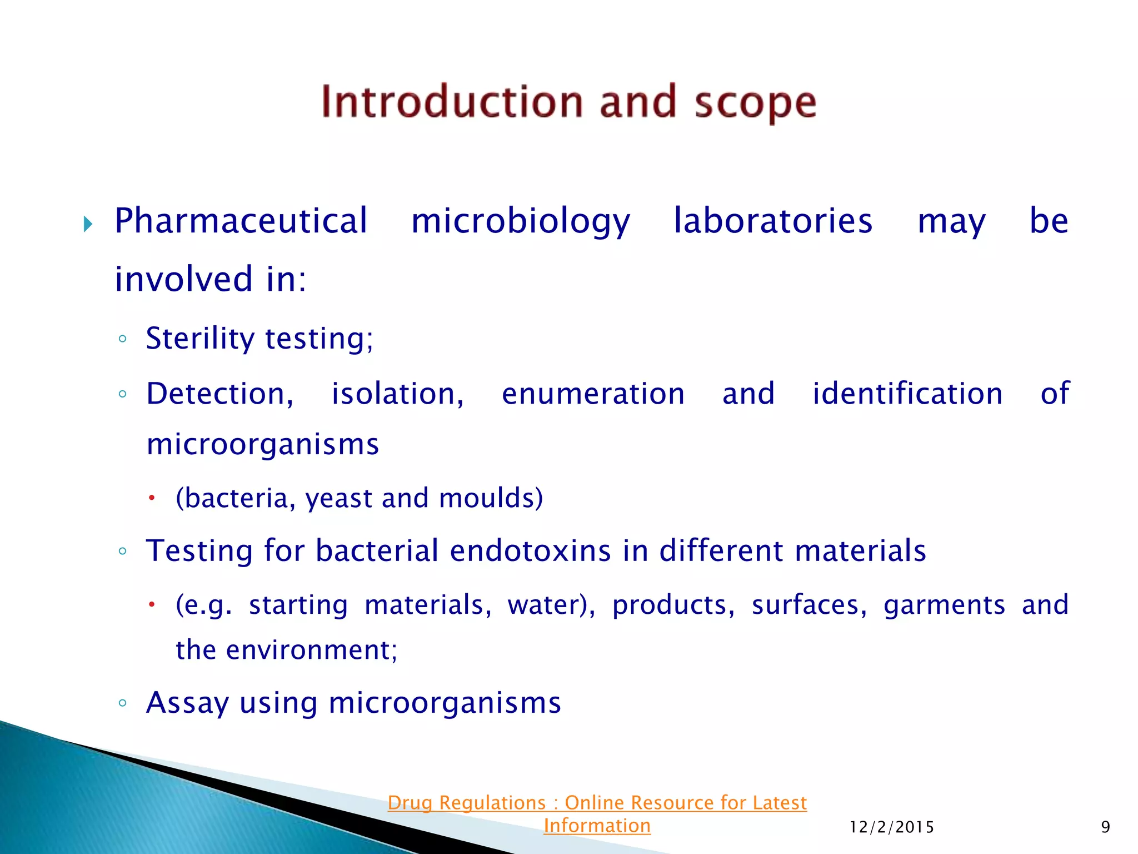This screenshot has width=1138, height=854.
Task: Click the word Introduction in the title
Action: tap(452, 102)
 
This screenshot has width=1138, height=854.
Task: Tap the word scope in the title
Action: tap(755, 103)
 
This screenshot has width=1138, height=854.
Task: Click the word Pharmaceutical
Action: tap(241, 221)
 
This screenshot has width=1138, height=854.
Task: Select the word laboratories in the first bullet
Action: tap(773, 221)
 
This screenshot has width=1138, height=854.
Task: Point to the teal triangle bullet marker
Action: tap(88, 225)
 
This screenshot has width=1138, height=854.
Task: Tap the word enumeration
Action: tap(593, 394)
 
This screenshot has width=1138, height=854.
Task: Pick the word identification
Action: tap(907, 394)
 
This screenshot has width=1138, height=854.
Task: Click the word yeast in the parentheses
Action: tap(338, 498)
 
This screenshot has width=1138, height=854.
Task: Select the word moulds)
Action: tap(491, 498)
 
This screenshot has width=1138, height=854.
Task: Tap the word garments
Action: tap(944, 605)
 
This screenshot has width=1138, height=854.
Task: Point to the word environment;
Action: tap(312, 650)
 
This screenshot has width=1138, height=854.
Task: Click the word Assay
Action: tap(187, 703)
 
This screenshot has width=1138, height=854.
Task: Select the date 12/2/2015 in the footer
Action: tap(892, 827)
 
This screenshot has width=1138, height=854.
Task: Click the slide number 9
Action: tap(1105, 827)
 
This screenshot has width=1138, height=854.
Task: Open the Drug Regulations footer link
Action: tap(597, 803)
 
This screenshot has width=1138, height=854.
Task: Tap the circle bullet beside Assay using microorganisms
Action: tap(123, 703)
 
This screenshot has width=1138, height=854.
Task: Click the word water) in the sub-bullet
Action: tap(551, 605)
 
